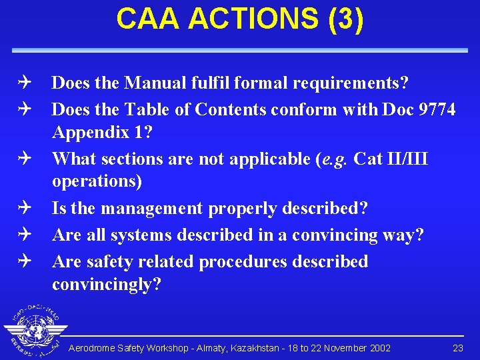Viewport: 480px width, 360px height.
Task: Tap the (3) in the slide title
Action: (x=344, y=19)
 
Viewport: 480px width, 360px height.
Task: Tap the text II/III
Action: (x=405, y=159)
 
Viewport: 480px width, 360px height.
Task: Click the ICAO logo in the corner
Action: (x=33, y=332)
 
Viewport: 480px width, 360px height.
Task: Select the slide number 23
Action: (x=458, y=348)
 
